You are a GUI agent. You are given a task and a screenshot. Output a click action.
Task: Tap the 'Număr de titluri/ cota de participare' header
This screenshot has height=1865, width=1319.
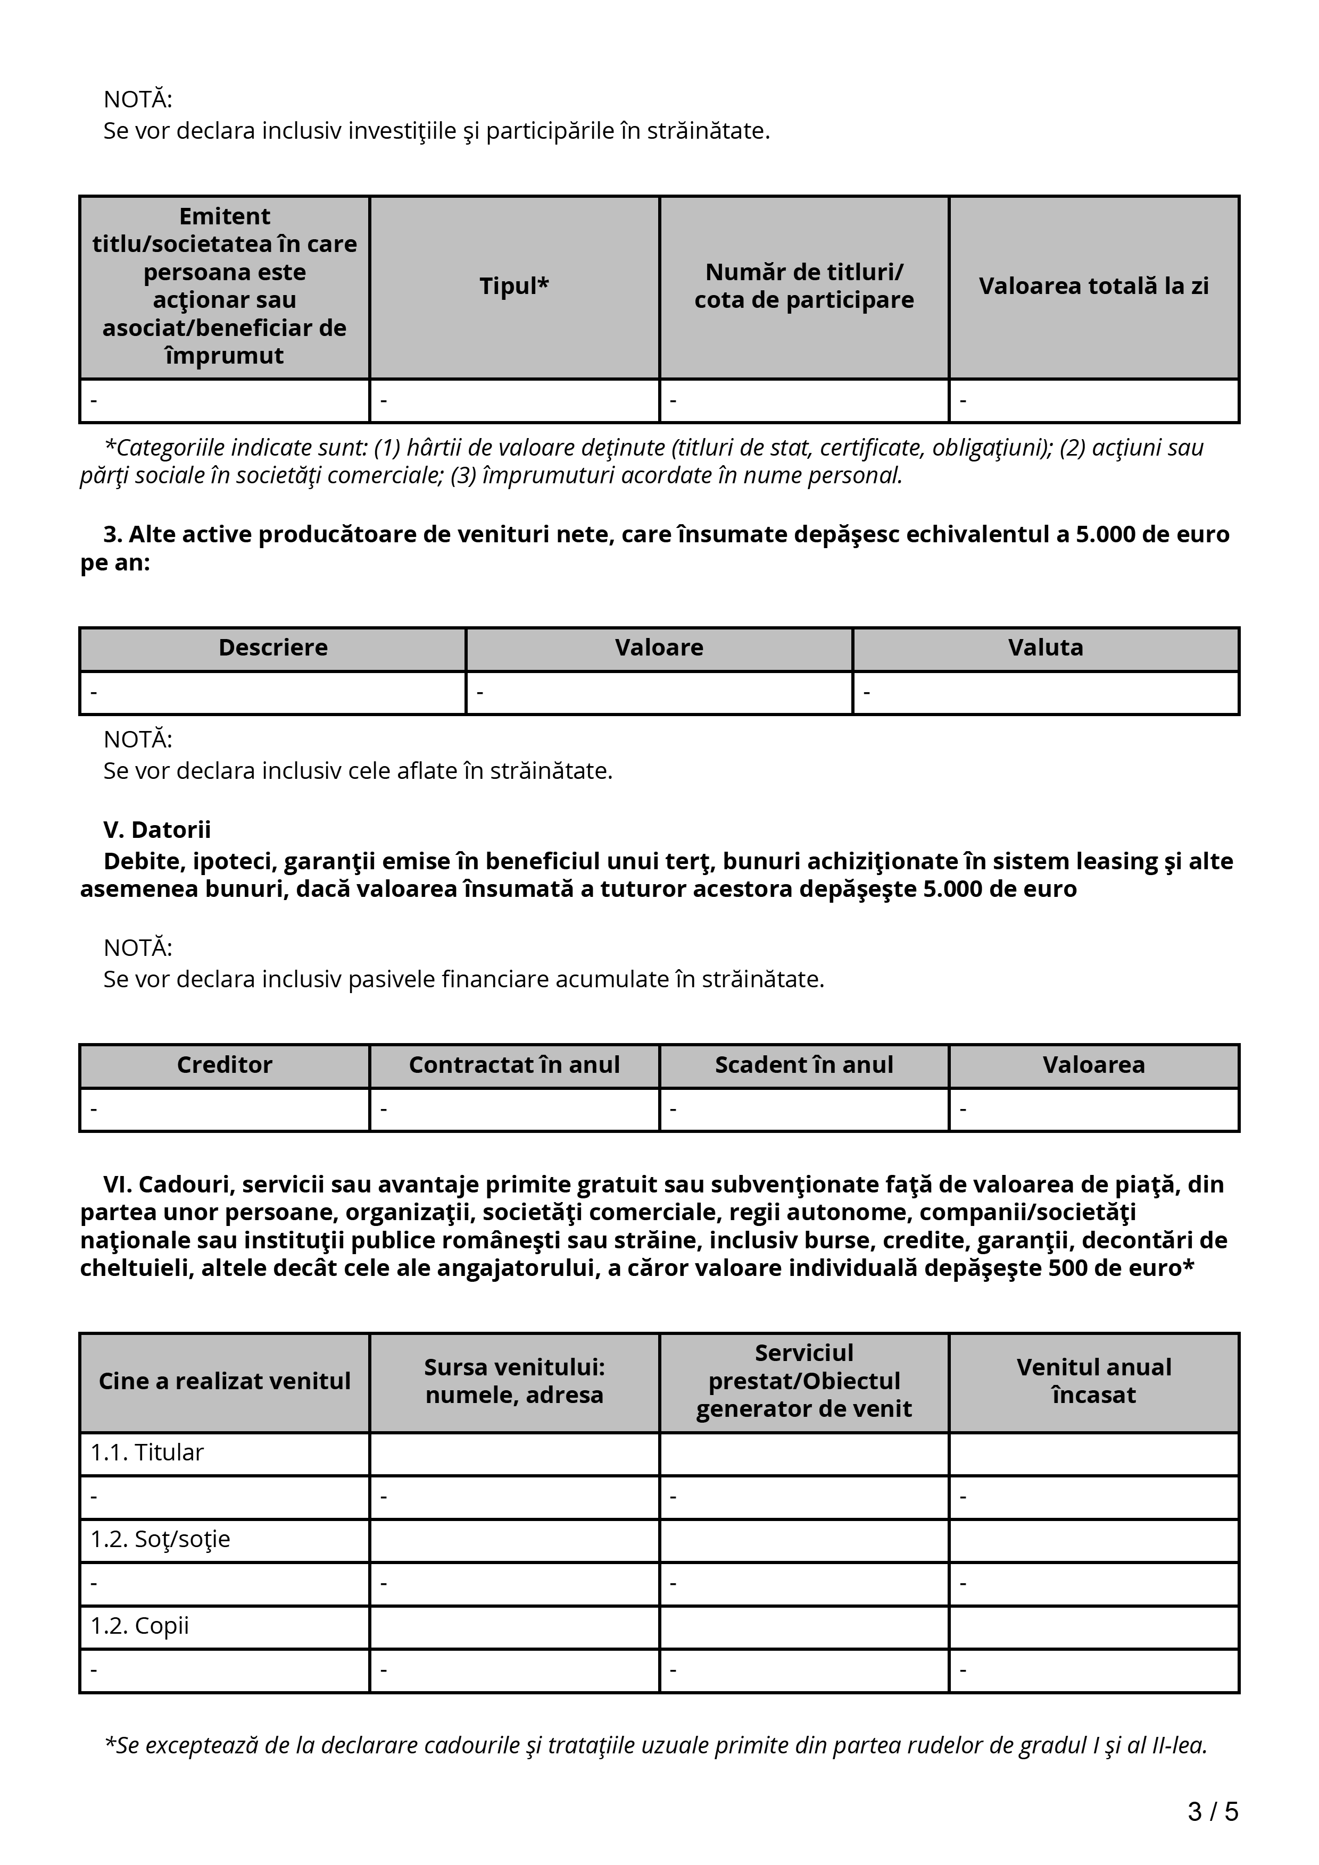click(804, 286)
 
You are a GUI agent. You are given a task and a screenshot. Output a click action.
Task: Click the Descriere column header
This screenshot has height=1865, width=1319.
click(273, 648)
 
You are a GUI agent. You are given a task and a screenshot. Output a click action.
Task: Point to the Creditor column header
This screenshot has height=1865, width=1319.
click(225, 1065)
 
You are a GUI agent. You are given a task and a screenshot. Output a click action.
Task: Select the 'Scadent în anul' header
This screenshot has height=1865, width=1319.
click(804, 1065)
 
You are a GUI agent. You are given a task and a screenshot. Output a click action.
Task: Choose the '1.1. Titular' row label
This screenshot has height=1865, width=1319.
click(147, 1452)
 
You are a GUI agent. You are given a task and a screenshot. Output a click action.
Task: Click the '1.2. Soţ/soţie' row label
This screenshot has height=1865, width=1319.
click(160, 1539)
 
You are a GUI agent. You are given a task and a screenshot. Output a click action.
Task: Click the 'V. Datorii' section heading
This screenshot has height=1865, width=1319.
click(157, 829)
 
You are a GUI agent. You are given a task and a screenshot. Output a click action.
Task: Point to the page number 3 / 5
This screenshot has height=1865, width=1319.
click(1213, 1811)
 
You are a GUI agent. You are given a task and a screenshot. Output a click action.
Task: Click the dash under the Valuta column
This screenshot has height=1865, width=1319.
click(867, 693)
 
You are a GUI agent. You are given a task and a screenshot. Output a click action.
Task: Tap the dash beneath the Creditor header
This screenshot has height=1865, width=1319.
click(94, 1110)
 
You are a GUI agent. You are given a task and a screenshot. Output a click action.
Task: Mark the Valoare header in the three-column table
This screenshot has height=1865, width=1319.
click(659, 648)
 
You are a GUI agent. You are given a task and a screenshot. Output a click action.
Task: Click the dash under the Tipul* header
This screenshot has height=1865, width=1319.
click(384, 400)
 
